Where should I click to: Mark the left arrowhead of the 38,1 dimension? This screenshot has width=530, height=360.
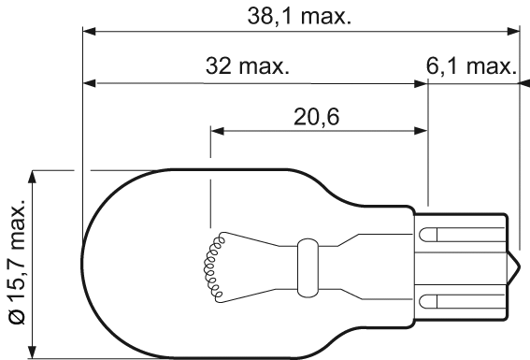point(89,32)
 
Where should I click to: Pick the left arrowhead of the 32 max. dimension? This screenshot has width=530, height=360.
point(89,83)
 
